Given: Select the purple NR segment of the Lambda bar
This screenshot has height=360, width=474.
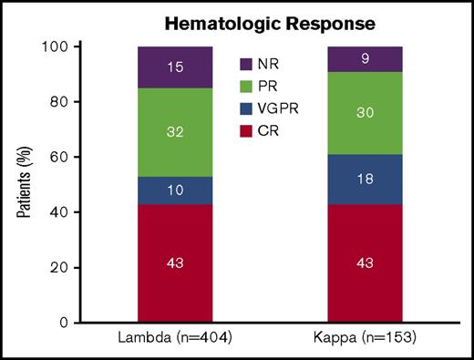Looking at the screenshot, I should [x=174, y=67].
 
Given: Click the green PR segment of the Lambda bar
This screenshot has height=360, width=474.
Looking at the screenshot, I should [x=174, y=132].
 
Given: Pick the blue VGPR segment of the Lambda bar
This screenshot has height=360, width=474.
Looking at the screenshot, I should [x=174, y=190].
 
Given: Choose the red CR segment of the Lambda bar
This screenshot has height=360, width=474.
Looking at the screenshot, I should [x=174, y=262].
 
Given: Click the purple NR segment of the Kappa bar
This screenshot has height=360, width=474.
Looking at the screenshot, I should [x=364, y=58].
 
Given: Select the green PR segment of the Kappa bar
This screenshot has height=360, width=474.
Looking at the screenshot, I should [x=364, y=113].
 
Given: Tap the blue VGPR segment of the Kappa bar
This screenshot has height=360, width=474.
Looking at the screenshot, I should [x=364, y=180].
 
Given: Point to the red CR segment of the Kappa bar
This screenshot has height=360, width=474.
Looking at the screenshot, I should [x=364, y=262].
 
